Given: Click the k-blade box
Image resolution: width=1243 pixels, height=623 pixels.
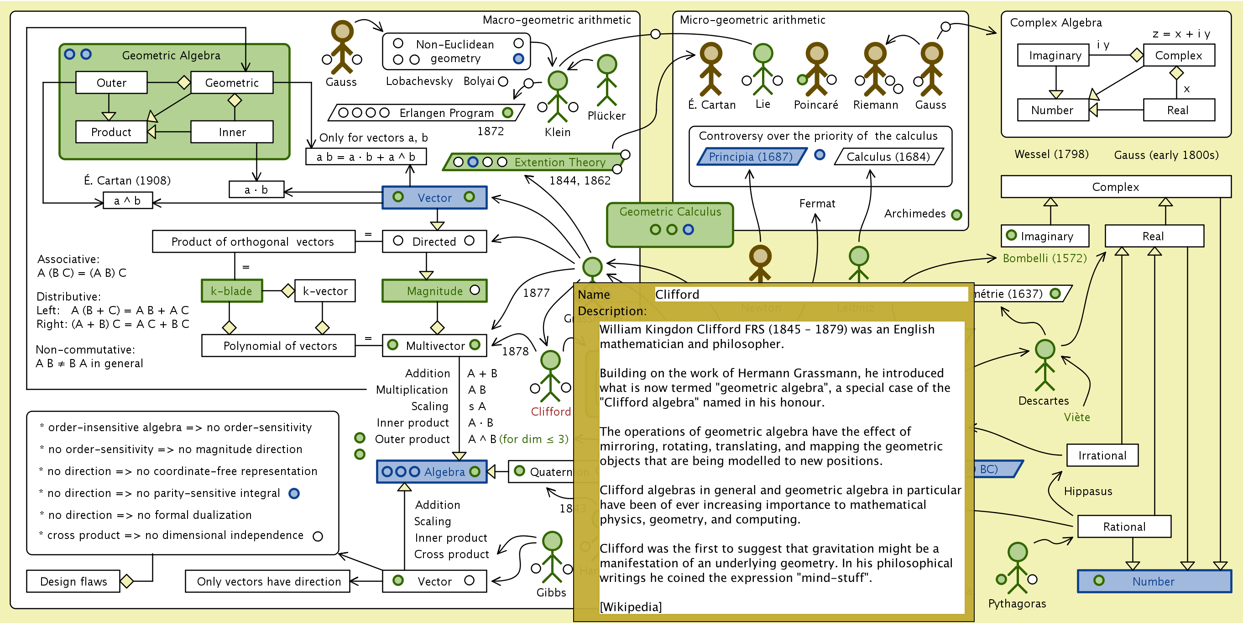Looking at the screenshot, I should pos(232,291).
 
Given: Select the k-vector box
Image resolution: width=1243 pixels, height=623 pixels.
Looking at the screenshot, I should pos(325,291).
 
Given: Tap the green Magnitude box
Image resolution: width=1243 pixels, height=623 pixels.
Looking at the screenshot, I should pos(434,291).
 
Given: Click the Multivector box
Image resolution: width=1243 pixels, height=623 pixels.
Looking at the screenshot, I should pos(434,345).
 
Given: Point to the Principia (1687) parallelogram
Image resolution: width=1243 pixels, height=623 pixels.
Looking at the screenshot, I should pos(750,157).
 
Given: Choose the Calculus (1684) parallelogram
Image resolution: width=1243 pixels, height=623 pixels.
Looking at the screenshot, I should pos(888,157).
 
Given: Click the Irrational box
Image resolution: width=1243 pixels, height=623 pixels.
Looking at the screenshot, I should pos(1102,455).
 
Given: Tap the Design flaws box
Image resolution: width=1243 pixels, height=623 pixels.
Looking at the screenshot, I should pos(73,581).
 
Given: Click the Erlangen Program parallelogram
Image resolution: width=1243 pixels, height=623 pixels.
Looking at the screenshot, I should pos(426,112).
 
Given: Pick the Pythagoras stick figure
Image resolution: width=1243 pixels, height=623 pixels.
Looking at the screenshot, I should pos(1017,567).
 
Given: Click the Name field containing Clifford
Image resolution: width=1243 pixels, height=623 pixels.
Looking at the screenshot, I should pos(811,294).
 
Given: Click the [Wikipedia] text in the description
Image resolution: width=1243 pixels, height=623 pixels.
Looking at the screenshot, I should pos(631,607).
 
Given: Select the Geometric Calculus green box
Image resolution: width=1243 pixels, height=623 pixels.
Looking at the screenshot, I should pos(670,225).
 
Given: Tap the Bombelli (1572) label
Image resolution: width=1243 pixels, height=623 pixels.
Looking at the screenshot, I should pos(1045,258).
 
